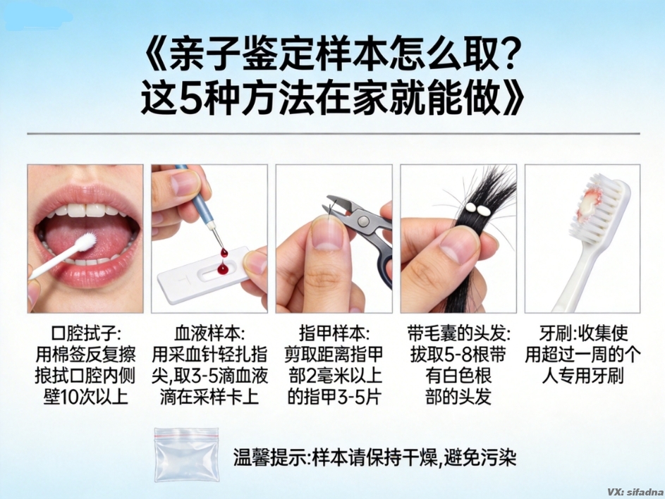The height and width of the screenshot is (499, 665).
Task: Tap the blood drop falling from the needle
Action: pos(224,254)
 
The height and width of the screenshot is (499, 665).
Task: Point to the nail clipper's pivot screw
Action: pos(362,221)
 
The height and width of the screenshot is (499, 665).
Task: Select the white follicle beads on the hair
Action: pos(476,209)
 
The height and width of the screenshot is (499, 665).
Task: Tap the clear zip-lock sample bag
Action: pos(187,455)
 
